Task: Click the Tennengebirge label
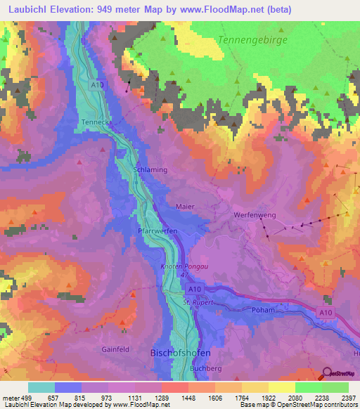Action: click(255, 40)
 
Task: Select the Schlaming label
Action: click(150, 170)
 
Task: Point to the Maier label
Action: click(186, 207)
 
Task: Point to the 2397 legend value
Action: click(348, 396)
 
